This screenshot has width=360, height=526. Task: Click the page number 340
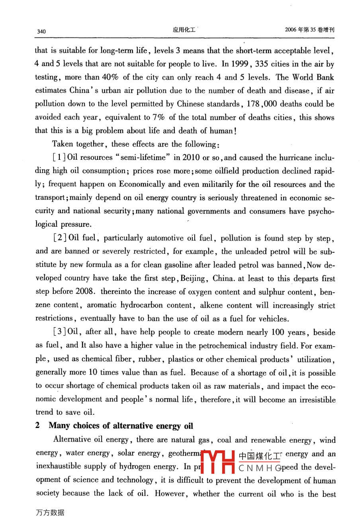click(x=41, y=31)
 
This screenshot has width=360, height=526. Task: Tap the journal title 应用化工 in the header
click(x=184, y=29)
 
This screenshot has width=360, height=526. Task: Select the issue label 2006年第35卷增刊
click(x=310, y=29)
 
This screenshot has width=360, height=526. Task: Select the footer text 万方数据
click(x=50, y=513)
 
